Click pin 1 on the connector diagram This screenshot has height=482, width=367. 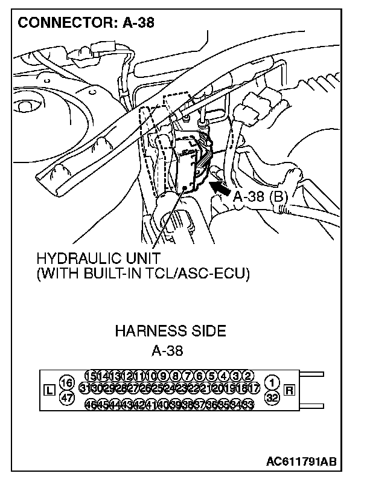pos(272,383)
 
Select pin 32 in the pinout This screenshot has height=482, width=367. pos(272,397)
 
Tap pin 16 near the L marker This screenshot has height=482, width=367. pos(67,383)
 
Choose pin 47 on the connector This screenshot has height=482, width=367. pos(67,397)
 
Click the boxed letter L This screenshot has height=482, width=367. pos(49,390)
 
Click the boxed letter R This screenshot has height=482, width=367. pos(289,390)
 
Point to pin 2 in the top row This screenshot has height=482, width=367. pos(247,376)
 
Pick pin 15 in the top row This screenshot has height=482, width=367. pos(92,376)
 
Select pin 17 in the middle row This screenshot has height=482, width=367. pos(254,390)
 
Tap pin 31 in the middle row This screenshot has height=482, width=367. pos(85,390)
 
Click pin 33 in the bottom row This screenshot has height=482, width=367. pos(247,404)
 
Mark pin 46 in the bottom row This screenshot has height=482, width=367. pos(92,404)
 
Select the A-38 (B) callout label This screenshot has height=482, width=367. pos(260,196)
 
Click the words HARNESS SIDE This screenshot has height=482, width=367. pos(170,331)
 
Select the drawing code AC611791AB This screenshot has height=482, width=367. pos(302,461)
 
